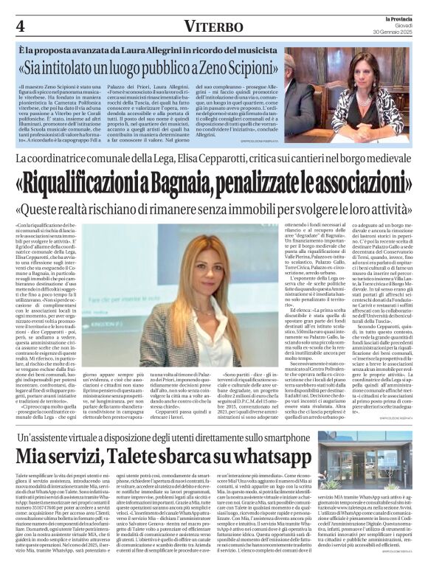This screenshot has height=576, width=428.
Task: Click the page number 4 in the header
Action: [20, 25]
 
